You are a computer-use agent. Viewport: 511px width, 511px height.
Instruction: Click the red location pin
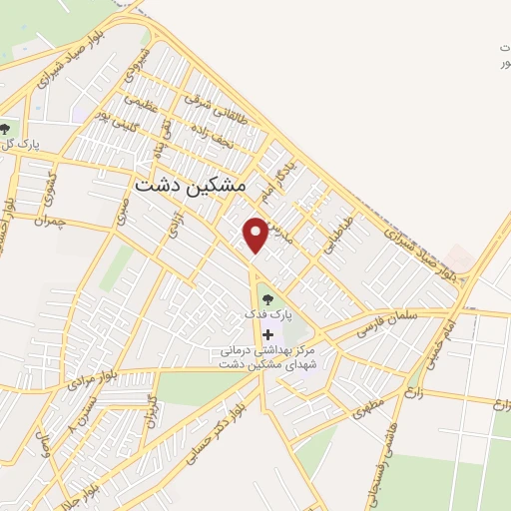tap(255, 234)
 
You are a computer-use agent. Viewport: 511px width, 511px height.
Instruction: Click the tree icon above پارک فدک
tap(265, 296)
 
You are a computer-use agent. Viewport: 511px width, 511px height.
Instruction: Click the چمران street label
tap(47, 219)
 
